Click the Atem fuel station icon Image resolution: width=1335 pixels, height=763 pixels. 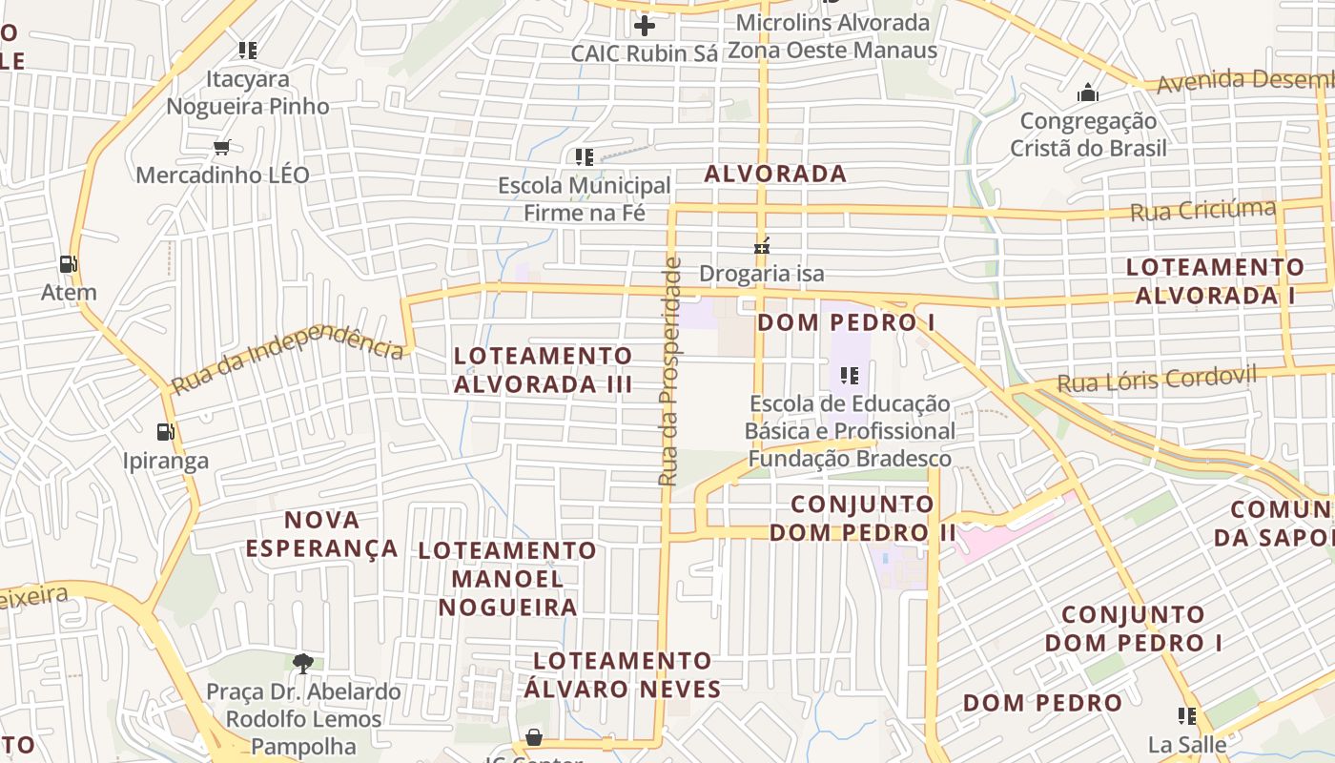click(x=68, y=263)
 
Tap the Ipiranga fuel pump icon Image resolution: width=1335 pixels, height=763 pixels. click(x=165, y=432)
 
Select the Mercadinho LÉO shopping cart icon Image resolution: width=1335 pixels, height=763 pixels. click(x=222, y=147)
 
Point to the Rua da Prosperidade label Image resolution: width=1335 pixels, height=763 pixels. click(x=670, y=372)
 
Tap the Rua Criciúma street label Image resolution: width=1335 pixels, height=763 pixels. click(x=1202, y=210)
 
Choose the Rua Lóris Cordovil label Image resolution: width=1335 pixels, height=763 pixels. click(x=1157, y=380)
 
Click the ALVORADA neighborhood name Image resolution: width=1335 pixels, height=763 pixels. click(x=775, y=174)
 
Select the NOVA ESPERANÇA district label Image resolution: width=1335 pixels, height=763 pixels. click(x=322, y=534)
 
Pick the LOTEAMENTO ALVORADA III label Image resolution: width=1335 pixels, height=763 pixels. click(x=543, y=370)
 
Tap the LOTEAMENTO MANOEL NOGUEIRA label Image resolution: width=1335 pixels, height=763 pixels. click(x=507, y=578)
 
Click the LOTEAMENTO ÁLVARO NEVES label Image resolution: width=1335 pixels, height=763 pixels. click(x=622, y=674)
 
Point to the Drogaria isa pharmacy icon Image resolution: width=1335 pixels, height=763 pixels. click(x=761, y=246)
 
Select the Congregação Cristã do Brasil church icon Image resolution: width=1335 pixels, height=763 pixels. click(x=1087, y=93)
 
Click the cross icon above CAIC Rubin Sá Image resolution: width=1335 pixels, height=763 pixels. click(x=645, y=26)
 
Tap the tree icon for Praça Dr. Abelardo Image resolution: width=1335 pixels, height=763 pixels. click(x=303, y=663)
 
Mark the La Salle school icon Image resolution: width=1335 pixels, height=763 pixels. click(x=1187, y=715)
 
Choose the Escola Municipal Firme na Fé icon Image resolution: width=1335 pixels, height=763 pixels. click(x=584, y=156)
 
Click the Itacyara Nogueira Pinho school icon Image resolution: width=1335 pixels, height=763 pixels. click(x=248, y=50)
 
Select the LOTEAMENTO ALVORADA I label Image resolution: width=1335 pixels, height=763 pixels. click(x=1215, y=281)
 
